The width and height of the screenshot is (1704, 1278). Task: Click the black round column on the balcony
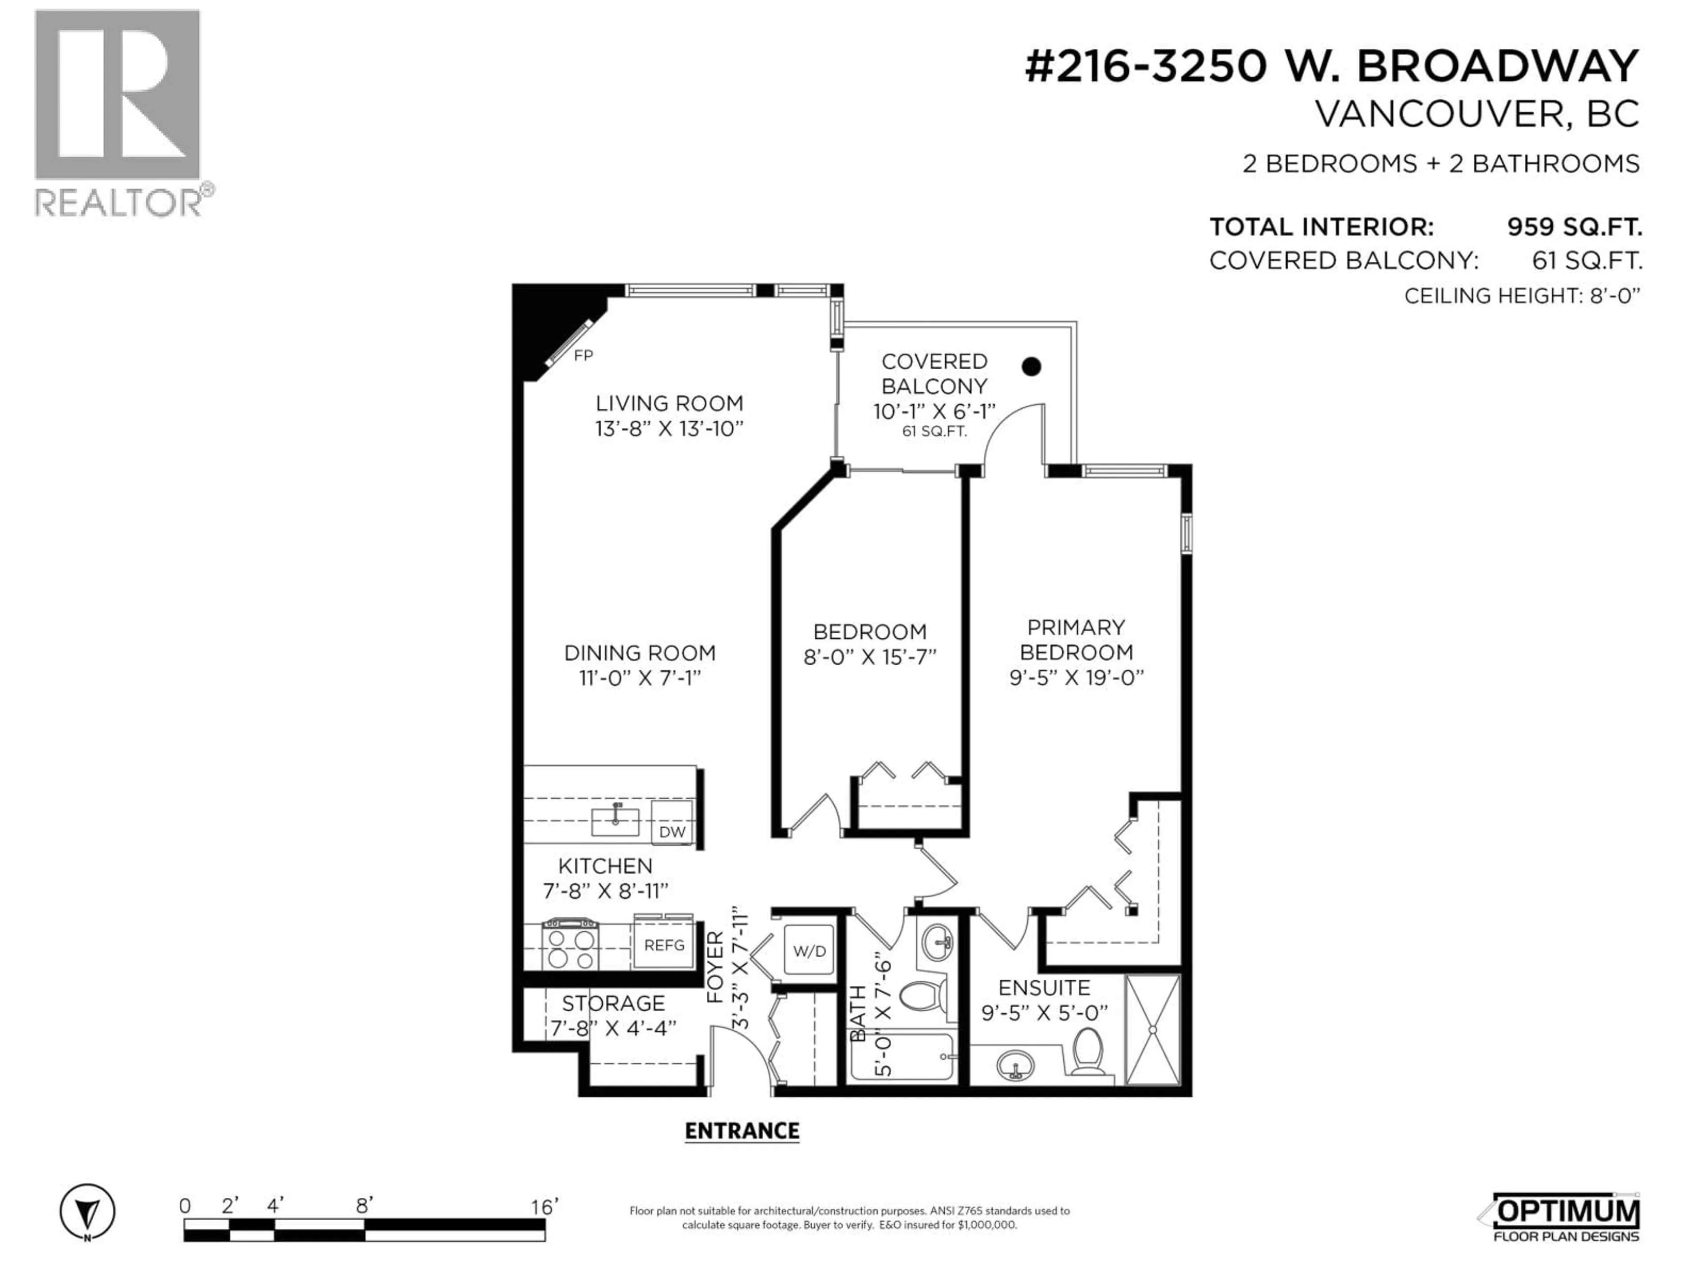1031,367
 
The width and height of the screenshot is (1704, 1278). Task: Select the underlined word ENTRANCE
742,1131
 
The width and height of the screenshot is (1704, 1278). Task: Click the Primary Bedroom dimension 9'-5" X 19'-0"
1076,678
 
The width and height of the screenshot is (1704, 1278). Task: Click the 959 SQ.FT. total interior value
1574,227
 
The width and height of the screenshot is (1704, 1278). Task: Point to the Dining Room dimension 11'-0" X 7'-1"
639,678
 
